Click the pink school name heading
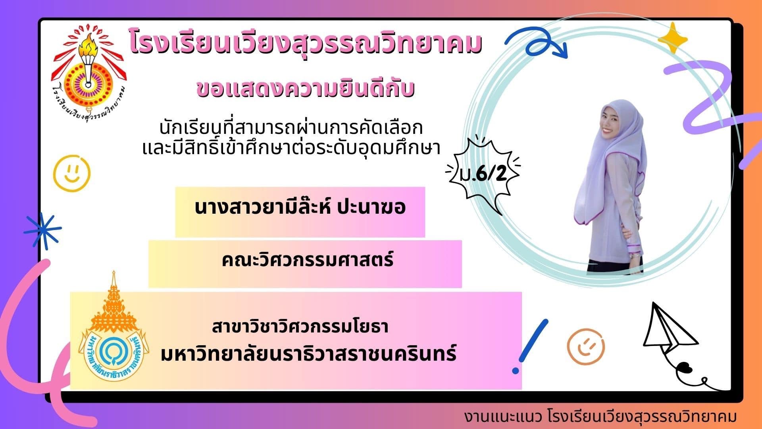coord(306,44)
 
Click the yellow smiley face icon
coord(72,173)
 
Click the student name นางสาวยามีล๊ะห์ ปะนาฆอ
coord(300,208)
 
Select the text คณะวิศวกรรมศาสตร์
coord(308,261)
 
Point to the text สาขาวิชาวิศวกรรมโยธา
coord(300,327)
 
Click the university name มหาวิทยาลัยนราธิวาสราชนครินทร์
coord(309,353)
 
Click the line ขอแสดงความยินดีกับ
coord(306,89)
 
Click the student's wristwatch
coord(637,256)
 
